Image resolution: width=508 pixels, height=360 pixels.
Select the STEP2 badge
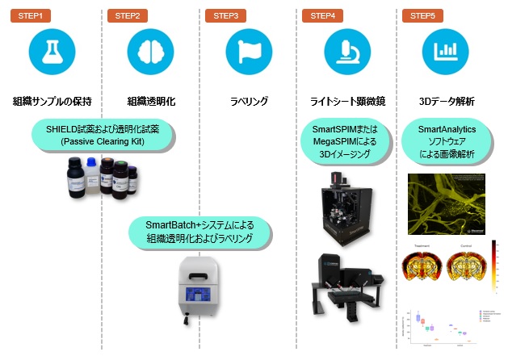pos(128,15)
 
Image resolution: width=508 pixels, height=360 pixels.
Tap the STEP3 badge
pos(226,15)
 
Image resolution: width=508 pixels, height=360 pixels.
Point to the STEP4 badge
pos(323,15)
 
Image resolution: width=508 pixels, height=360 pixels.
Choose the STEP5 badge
pos(422,15)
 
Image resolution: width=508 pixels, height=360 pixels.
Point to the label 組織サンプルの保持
pos(52,102)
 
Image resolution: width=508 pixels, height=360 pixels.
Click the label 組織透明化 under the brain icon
pos(150,102)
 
